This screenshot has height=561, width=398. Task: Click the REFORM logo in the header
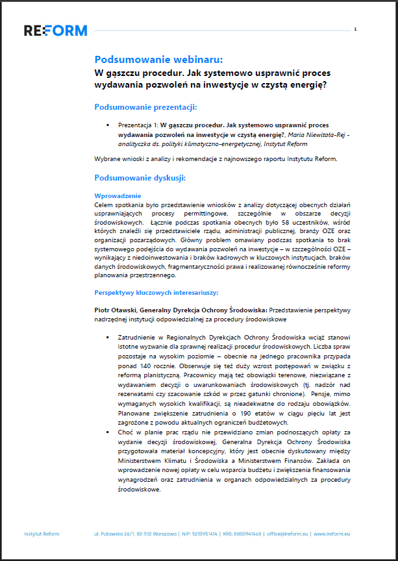click(55, 30)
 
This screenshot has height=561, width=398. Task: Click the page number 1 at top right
click(356, 29)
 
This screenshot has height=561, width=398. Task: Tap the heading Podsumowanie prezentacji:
click(145, 106)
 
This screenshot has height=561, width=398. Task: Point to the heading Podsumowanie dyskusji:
click(140, 177)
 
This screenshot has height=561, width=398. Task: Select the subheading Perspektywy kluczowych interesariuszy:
click(155, 293)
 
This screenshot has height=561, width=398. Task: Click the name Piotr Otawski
click(115, 309)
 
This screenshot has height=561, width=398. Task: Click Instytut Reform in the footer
click(42, 534)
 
